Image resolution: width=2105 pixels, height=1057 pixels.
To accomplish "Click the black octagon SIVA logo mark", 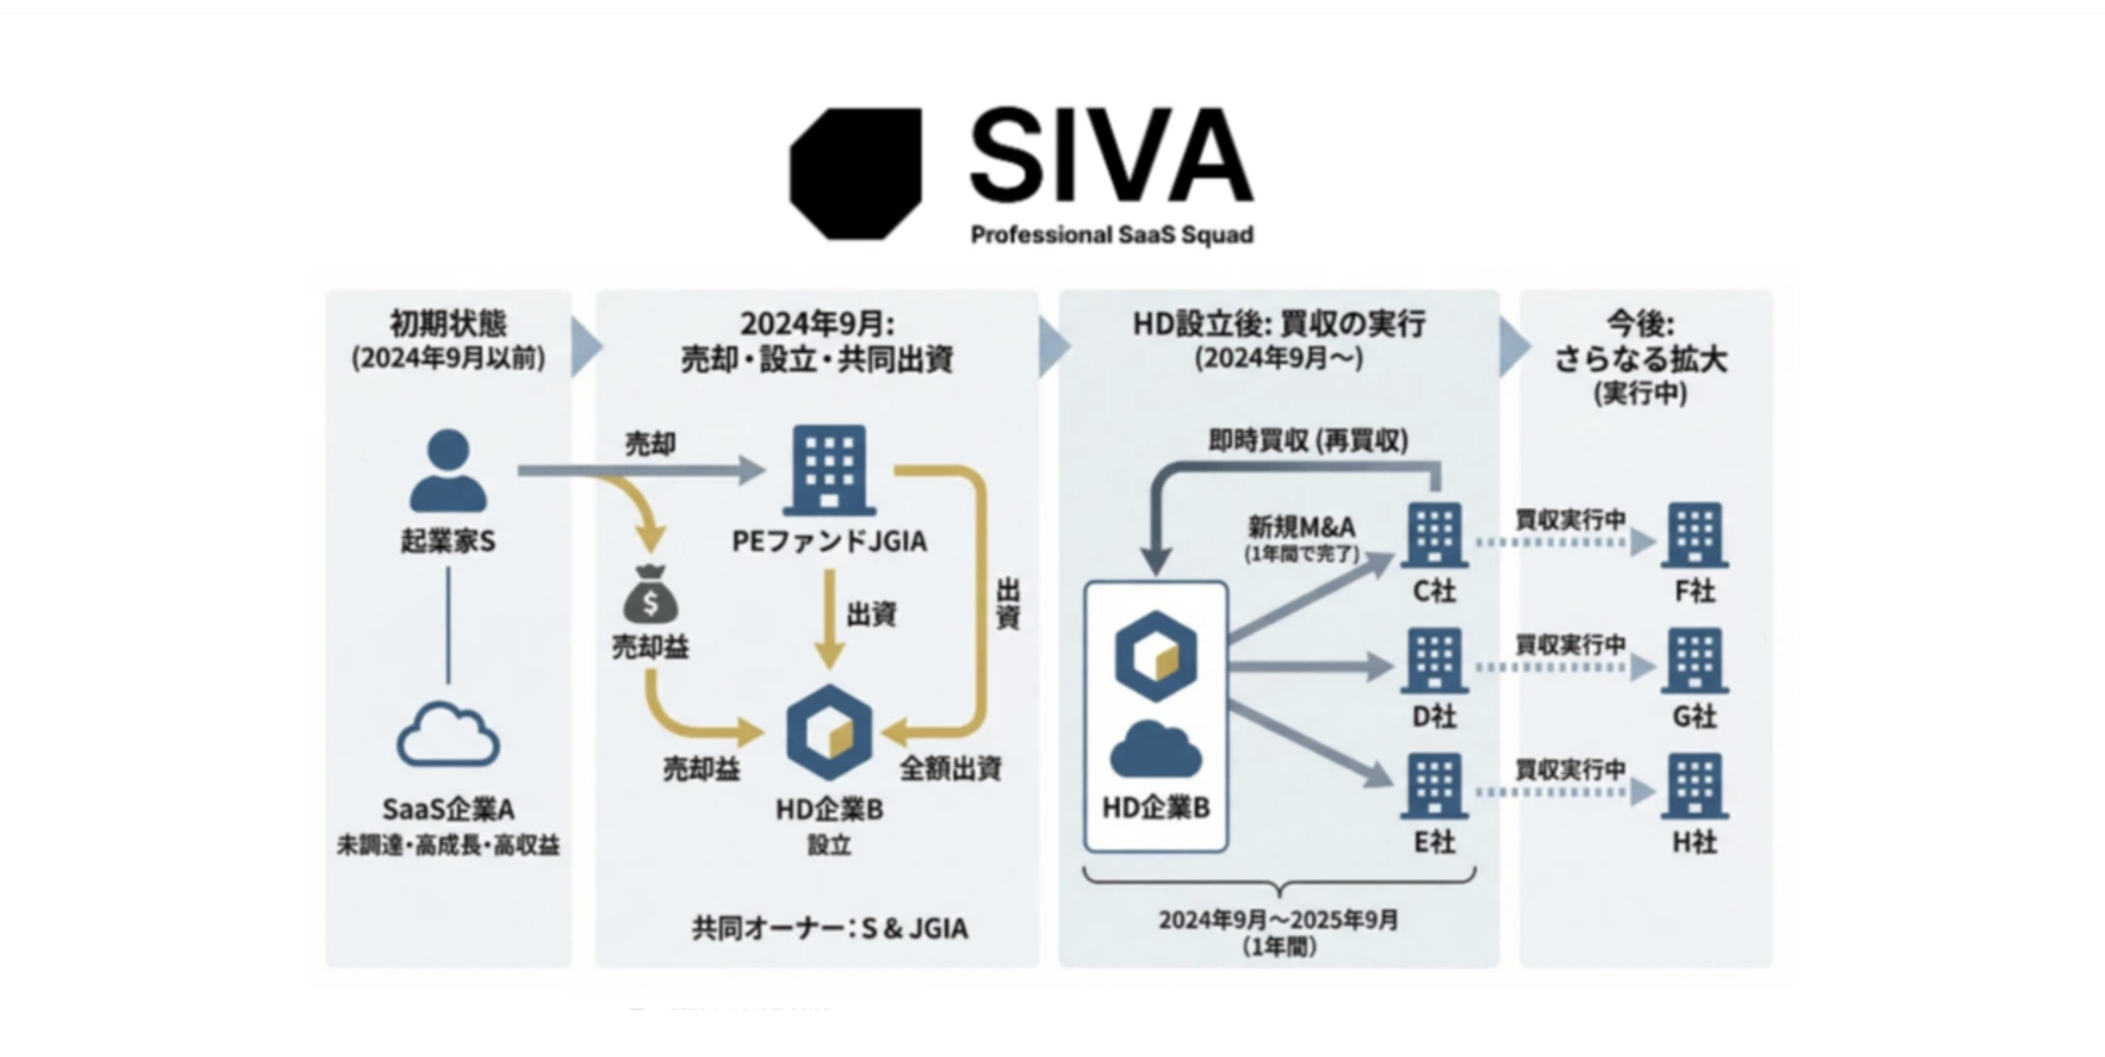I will (855, 173).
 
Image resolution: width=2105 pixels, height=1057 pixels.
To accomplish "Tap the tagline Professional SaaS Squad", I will (1111, 234).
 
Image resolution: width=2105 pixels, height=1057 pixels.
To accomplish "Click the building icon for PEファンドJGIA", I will (829, 470).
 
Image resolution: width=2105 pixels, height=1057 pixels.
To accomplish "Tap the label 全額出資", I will (951, 768).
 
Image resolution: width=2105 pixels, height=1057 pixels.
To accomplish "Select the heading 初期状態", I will (448, 324).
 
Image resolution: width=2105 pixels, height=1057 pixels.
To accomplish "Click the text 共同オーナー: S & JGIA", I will (829, 928).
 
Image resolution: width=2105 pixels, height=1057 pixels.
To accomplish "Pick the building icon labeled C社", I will (1434, 535).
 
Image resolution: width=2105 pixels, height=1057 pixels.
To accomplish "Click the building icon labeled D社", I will (1434, 660).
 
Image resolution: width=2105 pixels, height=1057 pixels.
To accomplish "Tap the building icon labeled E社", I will (1434, 787).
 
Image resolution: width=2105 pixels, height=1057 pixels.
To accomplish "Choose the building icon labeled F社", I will (1694, 535).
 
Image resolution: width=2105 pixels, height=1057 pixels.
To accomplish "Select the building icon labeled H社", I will (1694, 787).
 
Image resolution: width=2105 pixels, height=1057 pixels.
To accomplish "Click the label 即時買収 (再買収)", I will (1308, 440).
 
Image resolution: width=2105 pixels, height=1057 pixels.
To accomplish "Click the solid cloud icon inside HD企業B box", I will (1155, 750).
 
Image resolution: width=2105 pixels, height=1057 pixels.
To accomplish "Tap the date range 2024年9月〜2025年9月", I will (1279, 920).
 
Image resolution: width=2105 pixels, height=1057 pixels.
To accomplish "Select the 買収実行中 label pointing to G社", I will (1570, 644).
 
